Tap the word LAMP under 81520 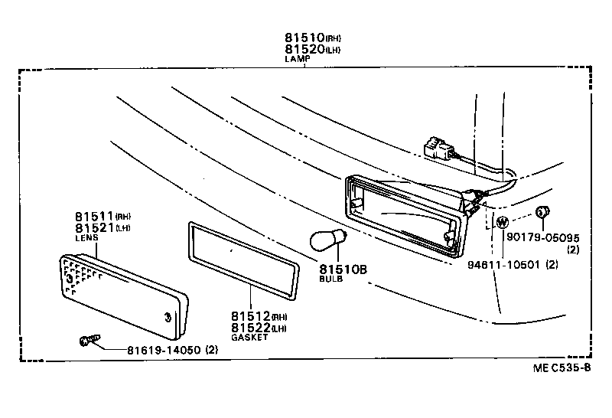pyautogui.click(x=295, y=59)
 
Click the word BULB pyautogui.click(x=331, y=279)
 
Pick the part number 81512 pyautogui.click(x=250, y=316)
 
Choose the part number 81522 pyautogui.click(x=250, y=328)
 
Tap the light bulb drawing pyautogui.click(x=327, y=241)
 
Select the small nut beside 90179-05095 pyautogui.click(x=542, y=212)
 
